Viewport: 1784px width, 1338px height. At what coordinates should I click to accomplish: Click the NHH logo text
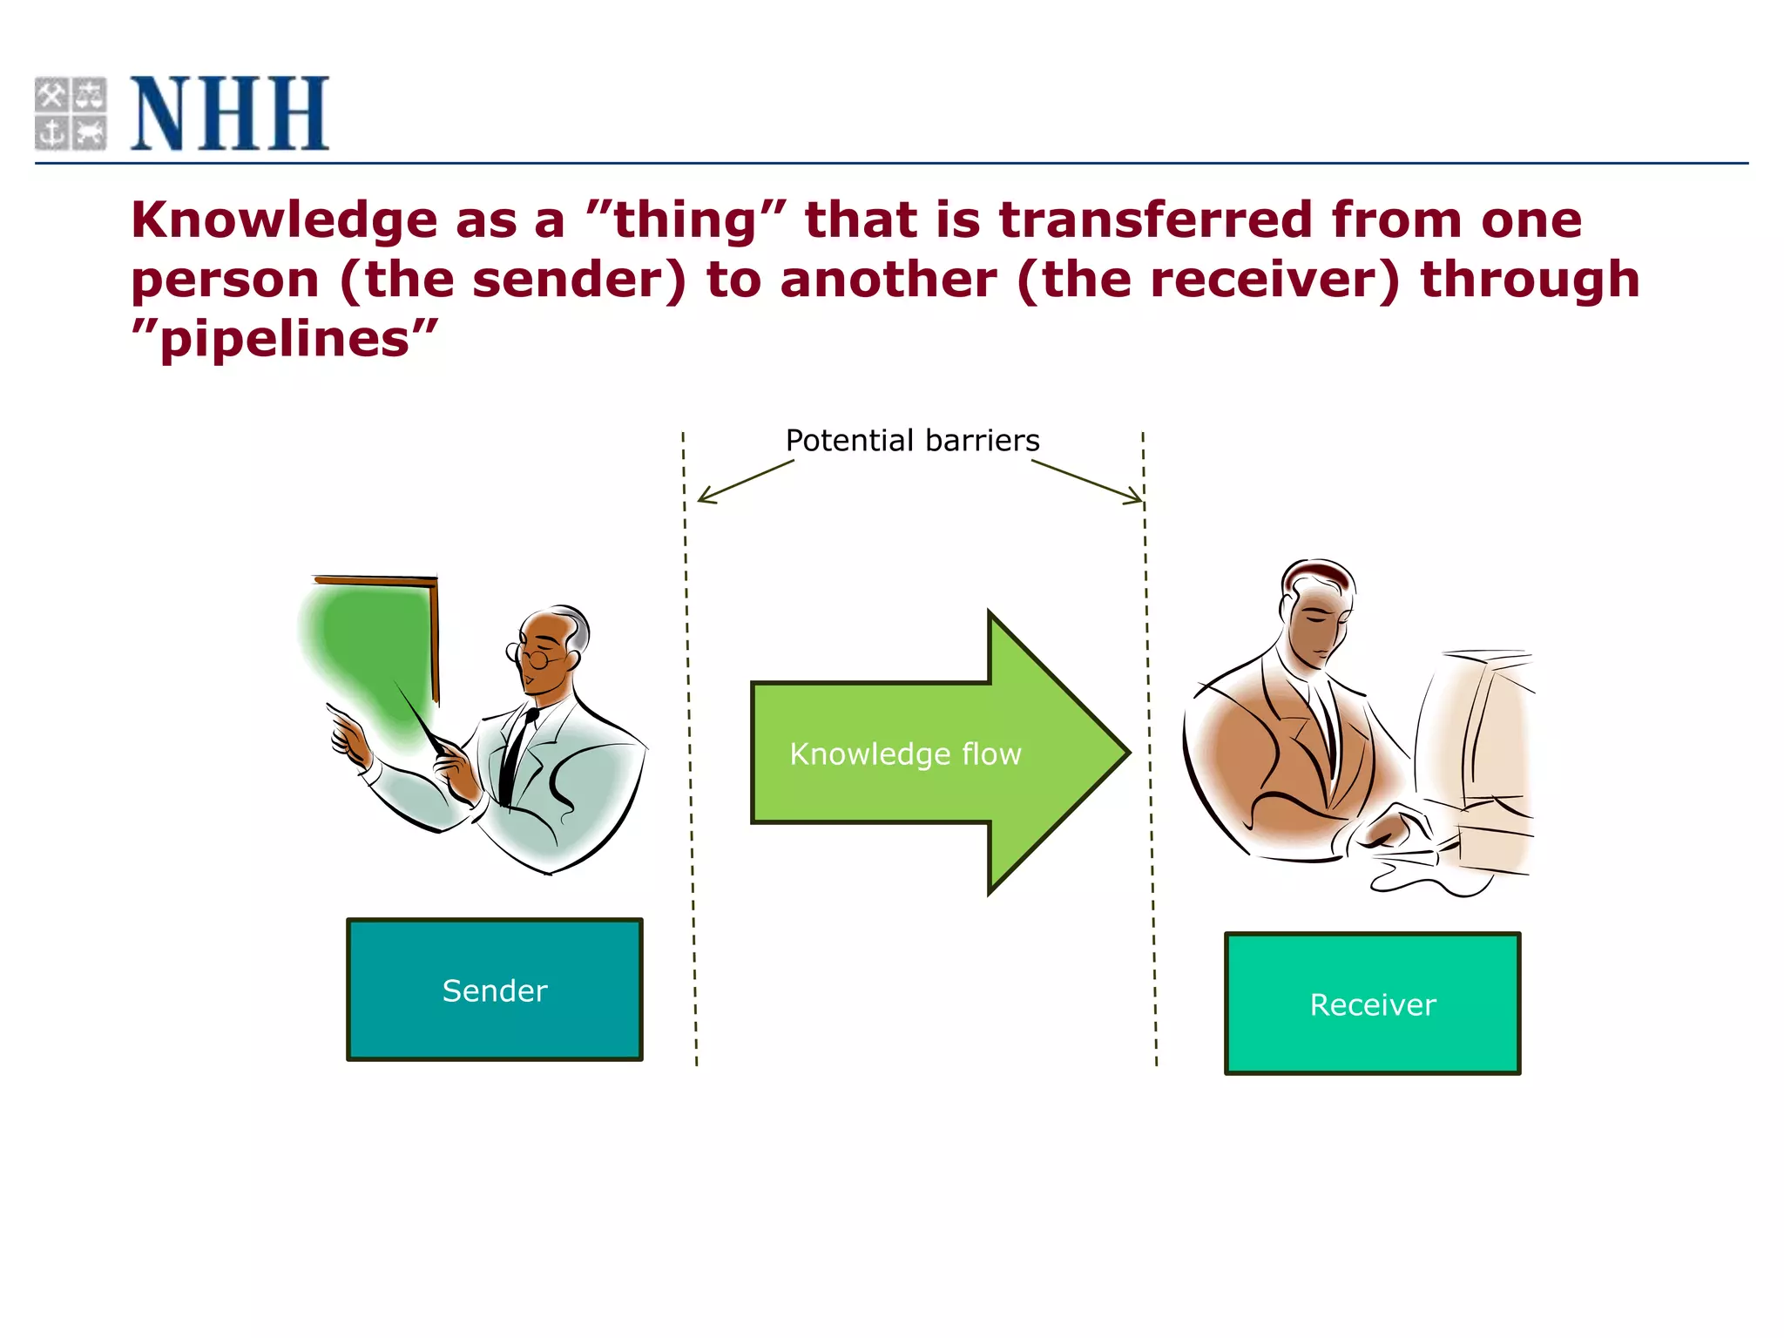[230, 113]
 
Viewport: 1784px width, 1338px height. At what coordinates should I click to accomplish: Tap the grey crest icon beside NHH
[71, 113]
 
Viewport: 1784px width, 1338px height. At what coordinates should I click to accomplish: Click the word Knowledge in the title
[284, 220]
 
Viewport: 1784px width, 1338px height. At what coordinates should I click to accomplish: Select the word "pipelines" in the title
[284, 339]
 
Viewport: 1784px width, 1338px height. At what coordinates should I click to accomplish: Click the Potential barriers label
[912, 441]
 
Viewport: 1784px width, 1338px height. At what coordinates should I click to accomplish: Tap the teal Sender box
[494, 990]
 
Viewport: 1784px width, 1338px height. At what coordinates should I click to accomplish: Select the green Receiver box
[1372, 1003]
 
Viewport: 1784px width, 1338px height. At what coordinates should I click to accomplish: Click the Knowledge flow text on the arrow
[905, 753]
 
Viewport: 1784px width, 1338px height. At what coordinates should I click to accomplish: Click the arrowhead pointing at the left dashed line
[702, 499]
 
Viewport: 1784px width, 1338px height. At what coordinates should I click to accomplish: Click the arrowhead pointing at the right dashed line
[1139, 501]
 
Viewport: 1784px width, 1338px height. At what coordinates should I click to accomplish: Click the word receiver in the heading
[1207, 280]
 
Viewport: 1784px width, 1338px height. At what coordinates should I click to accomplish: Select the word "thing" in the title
[686, 220]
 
